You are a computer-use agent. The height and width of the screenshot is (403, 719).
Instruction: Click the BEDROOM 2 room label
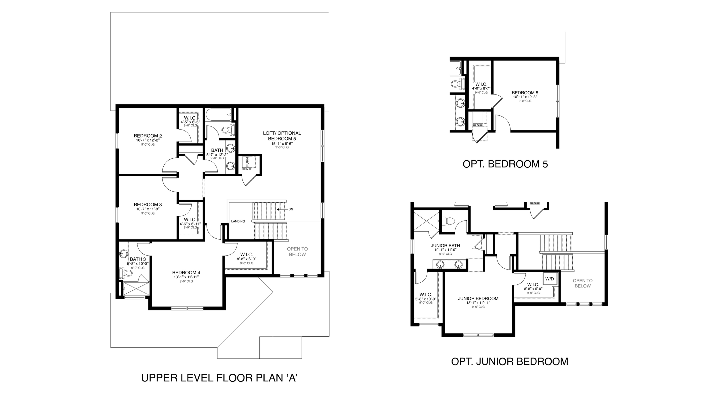point(148,136)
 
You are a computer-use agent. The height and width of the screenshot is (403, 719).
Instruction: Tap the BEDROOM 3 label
point(148,205)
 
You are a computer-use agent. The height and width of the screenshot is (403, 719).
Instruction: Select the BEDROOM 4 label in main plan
point(186,273)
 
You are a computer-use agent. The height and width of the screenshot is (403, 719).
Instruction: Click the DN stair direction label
point(291,209)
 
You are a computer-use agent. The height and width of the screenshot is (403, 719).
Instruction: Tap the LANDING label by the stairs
point(238,221)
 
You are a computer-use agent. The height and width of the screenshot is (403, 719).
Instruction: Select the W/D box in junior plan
point(550,279)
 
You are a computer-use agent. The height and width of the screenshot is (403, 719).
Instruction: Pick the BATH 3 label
point(138,259)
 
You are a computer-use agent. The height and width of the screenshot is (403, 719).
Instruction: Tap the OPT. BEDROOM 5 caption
point(505,164)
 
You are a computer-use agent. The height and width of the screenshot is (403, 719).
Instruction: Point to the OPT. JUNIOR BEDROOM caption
point(510,361)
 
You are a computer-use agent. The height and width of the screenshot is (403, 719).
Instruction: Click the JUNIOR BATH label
point(445,246)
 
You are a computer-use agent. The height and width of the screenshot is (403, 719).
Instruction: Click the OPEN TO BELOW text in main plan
point(297,252)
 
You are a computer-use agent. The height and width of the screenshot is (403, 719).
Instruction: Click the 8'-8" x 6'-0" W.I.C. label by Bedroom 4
point(246,259)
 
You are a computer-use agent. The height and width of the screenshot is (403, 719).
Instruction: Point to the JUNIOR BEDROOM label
point(478,298)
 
